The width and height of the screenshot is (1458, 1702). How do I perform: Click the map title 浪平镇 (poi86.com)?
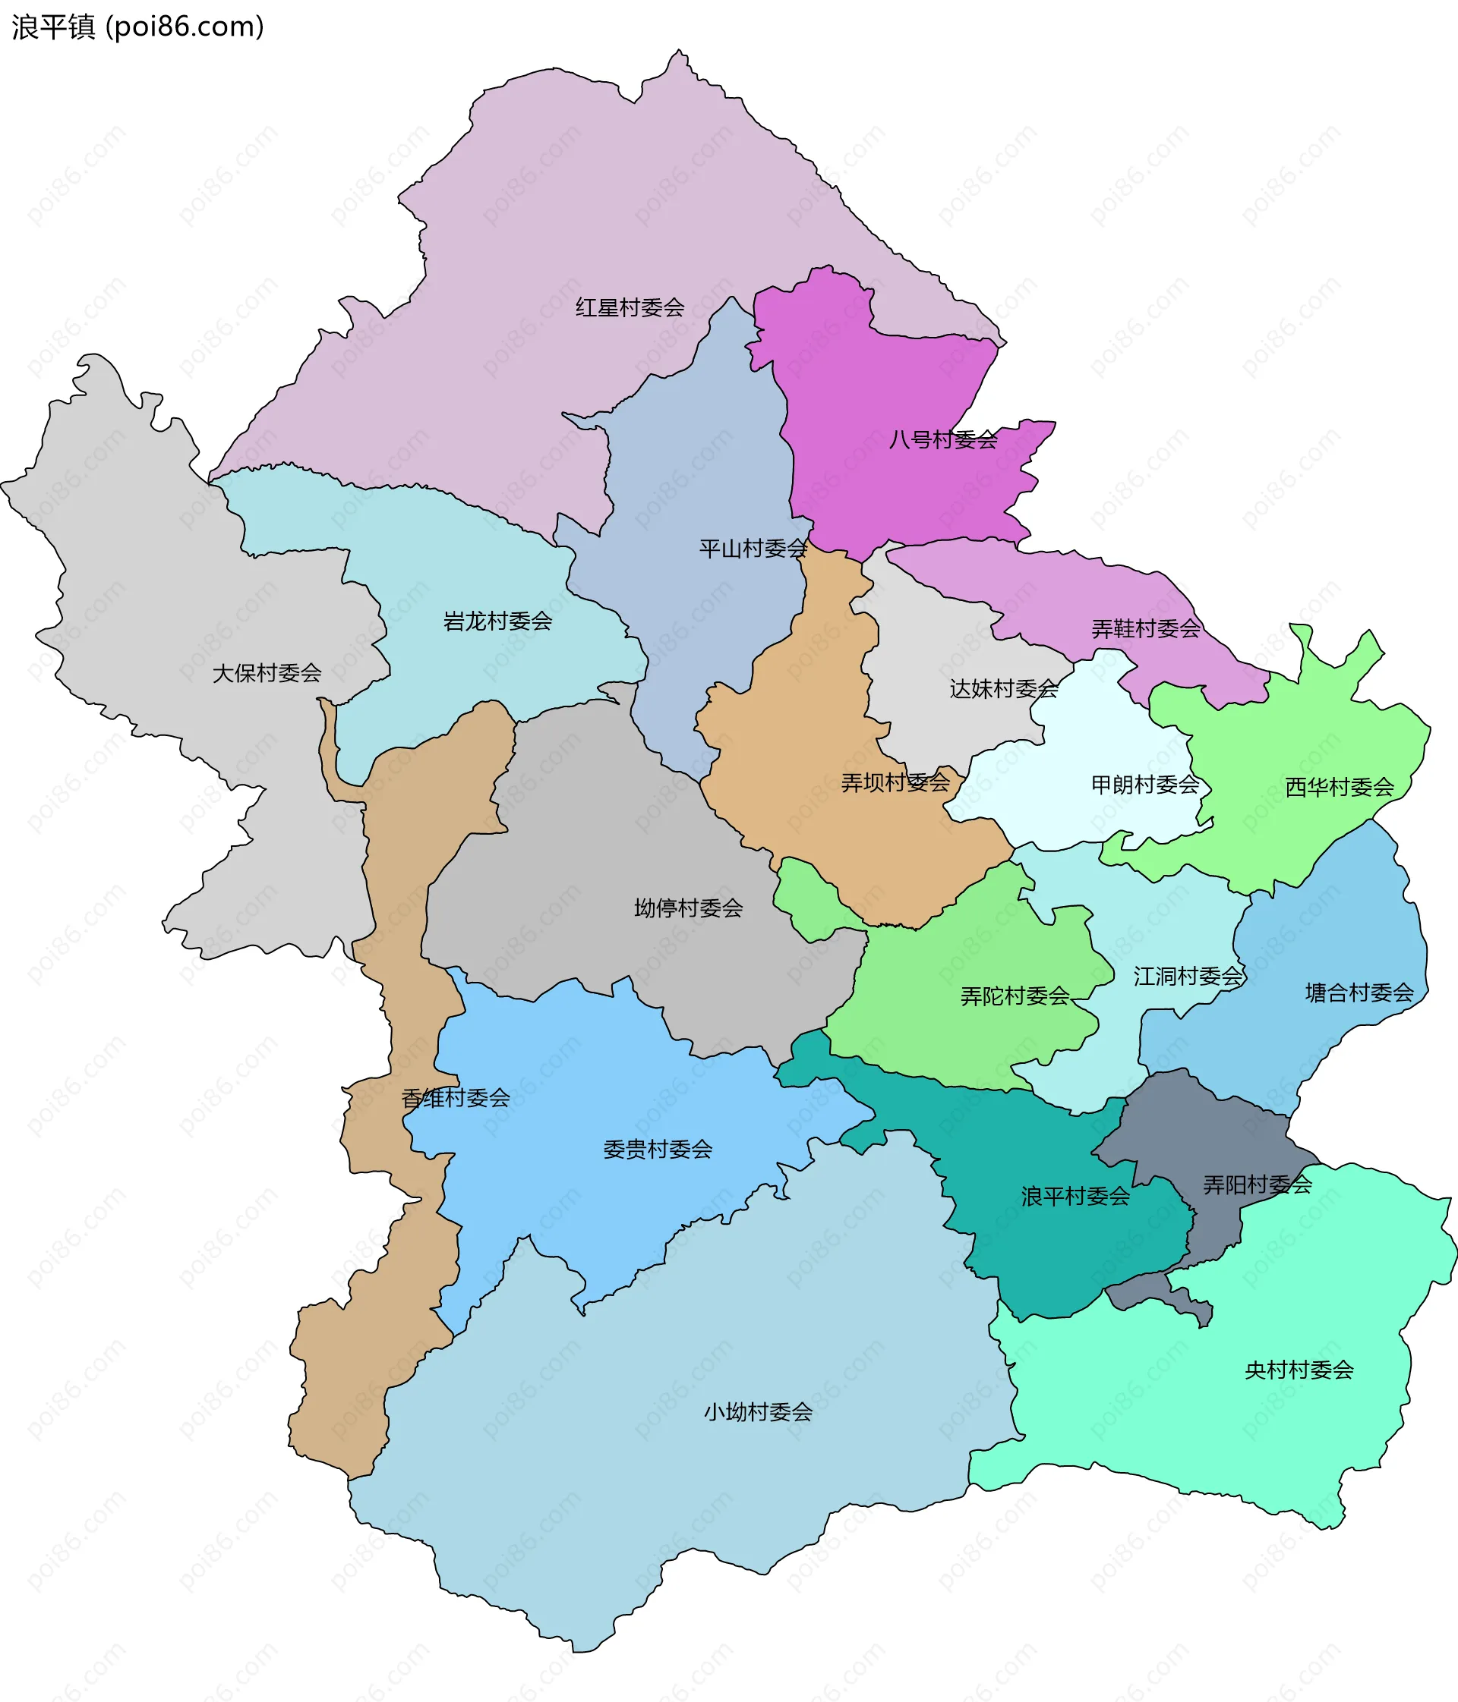coord(137,27)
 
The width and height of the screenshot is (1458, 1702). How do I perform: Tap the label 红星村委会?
coord(630,307)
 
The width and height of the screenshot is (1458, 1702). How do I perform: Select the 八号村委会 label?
coord(942,439)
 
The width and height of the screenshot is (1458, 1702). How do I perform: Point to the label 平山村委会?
coord(753,548)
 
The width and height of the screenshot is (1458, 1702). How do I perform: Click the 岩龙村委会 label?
coord(497,620)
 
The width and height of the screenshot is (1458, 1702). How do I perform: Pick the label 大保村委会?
coord(267,673)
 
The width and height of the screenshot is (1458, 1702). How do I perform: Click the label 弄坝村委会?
coord(895,782)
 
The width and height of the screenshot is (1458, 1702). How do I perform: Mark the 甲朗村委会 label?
coord(1145,785)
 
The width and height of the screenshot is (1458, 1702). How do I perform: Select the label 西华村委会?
coord(1339,787)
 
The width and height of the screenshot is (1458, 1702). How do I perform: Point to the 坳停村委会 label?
coord(688,908)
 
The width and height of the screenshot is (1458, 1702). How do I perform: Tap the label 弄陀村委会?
coord(1015,996)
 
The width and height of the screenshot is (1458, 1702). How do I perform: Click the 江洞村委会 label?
coord(1188,976)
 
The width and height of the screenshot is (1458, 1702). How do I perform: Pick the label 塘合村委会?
coord(1359,993)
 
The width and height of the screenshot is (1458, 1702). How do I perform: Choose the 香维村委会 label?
coord(456,1097)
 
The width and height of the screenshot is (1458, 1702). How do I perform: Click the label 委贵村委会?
coord(658,1149)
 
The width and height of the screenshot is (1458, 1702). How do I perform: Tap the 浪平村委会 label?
coord(1075,1196)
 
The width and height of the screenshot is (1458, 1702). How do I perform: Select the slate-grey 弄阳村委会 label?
coord(1258,1184)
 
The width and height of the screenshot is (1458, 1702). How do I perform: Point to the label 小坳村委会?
coord(758,1412)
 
